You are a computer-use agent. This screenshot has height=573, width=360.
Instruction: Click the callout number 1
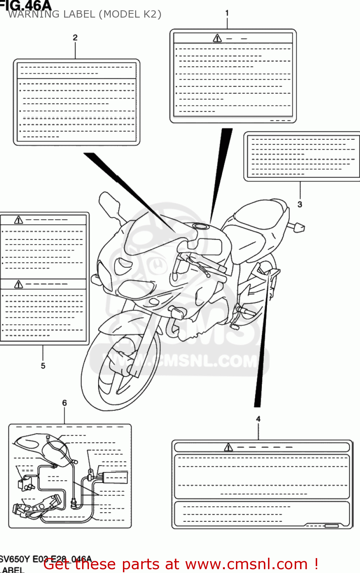[227, 13]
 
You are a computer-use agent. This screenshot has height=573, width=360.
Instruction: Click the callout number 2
[75, 37]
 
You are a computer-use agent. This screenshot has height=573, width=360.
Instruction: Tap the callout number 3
[300, 204]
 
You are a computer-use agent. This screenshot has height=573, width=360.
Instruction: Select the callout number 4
[258, 419]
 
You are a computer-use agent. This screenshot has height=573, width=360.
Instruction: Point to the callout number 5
[43, 366]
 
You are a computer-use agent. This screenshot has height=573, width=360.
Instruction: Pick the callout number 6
[65, 403]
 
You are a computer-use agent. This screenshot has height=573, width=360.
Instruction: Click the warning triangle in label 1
[217, 38]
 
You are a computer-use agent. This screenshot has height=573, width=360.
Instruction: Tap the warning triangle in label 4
[228, 447]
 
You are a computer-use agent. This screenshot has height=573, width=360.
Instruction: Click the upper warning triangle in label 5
[18, 220]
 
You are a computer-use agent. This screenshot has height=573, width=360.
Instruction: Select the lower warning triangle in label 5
[18, 284]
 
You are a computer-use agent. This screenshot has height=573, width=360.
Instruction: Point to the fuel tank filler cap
[200, 226]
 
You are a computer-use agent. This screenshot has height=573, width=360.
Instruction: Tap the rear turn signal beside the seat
[299, 228]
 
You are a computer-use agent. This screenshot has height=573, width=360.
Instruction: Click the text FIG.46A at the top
[26, 5]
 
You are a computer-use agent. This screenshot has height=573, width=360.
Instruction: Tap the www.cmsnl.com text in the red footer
[246, 564]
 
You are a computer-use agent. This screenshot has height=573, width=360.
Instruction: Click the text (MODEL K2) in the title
[131, 14]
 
